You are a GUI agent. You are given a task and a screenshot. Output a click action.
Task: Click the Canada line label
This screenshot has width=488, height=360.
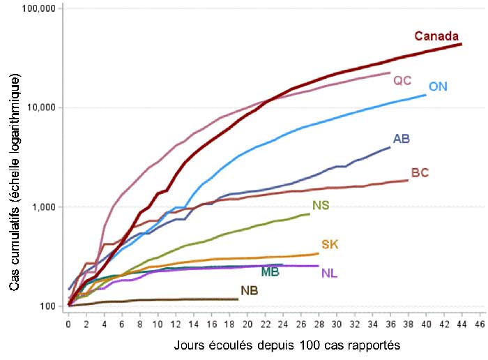pos(436,36)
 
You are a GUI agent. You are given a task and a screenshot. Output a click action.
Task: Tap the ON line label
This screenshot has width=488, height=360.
pos(438,87)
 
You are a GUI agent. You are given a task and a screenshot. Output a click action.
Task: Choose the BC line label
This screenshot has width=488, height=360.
pos(420,172)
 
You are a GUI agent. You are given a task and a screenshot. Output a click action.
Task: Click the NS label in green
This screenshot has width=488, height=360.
pos(321,205)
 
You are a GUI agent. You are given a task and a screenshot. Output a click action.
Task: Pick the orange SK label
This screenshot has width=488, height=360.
pos(330,244)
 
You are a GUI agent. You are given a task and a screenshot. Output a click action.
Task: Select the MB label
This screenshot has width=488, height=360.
pos(270,271)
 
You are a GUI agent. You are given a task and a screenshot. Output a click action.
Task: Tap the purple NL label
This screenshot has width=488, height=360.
pos(330,272)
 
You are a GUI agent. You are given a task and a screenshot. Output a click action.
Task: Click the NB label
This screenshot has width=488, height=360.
pos(249,290)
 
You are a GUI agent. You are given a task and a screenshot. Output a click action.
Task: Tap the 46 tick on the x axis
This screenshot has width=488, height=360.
pos(479,325)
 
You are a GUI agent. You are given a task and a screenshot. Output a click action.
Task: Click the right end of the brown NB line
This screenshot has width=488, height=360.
pos(238,299)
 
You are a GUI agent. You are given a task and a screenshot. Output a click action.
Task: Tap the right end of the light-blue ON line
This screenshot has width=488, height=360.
pos(425,95)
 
